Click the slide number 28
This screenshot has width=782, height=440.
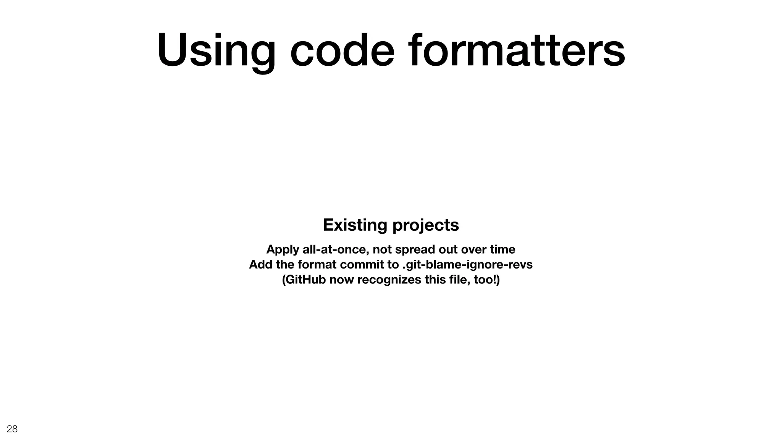click(x=12, y=429)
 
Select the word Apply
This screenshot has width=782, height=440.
click(x=283, y=250)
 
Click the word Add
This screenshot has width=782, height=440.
click(x=260, y=264)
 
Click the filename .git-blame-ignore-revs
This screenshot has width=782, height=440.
click(x=467, y=265)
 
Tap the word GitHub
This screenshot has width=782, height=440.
click(x=304, y=280)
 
